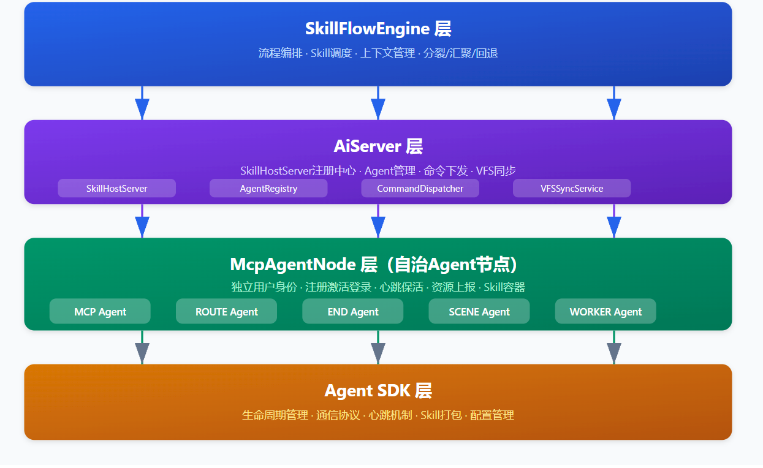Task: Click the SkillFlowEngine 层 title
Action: pos(378,29)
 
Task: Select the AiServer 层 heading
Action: pos(378,146)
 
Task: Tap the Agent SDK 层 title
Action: pos(378,390)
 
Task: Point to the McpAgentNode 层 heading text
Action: pos(374,265)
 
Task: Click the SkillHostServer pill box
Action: pos(117,188)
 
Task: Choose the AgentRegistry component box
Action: pos(268,188)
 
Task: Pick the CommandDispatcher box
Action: pos(420,188)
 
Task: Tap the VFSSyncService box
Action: pos(572,188)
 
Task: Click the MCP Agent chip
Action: pos(100,311)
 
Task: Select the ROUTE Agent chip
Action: pos(227,311)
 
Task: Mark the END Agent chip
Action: pos(353,311)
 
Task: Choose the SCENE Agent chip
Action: pos(479,311)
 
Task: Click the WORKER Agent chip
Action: pos(605,311)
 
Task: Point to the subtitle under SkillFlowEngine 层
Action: pos(378,53)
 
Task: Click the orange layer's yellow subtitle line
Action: pos(378,415)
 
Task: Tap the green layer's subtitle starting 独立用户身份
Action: pos(378,287)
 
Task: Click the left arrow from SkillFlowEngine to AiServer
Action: pos(142,103)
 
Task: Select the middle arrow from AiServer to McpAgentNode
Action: pos(378,221)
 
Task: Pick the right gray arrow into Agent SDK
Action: pos(614,347)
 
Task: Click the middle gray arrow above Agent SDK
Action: pos(378,347)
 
